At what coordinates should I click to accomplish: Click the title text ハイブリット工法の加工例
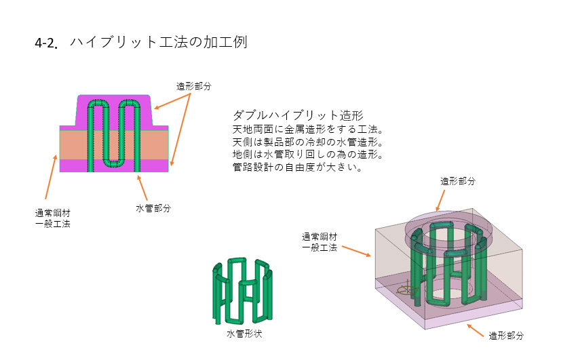click(x=157, y=42)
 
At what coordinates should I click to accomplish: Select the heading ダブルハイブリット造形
click(x=298, y=116)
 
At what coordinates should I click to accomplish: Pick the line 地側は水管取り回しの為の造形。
click(x=308, y=155)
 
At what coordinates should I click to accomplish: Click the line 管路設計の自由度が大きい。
click(x=296, y=167)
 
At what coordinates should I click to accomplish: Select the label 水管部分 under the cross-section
click(x=153, y=208)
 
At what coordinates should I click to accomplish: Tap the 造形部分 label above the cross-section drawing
click(x=194, y=86)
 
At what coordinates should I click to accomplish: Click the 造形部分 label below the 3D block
click(x=506, y=335)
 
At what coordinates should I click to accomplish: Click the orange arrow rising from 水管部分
click(x=142, y=188)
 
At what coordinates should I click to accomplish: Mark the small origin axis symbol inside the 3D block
click(x=406, y=292)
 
